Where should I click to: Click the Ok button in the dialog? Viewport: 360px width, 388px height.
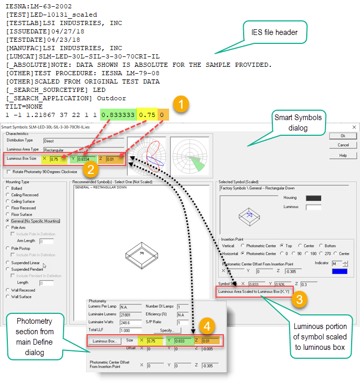click(342, 135)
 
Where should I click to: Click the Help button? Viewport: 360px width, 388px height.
click(342, 156)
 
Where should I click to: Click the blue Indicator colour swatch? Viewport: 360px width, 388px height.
click(340, 271)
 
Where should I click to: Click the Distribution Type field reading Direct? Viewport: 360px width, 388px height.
click(84, 140)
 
